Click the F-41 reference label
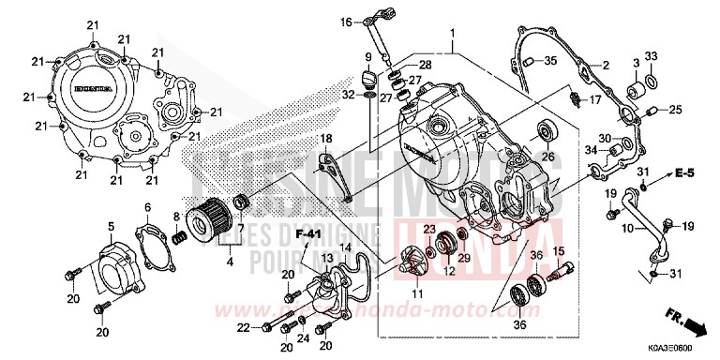[x=308, y=233]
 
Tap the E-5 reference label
[x=685, y=174]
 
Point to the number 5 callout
[x=111, y=227]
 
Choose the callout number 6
[x=147, y=207]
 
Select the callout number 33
[x=651, y=56]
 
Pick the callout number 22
[x=243, y=327]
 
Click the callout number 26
[x=548, y=157]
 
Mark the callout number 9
[x=368, y=58]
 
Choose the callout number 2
[x=606, y=65]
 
